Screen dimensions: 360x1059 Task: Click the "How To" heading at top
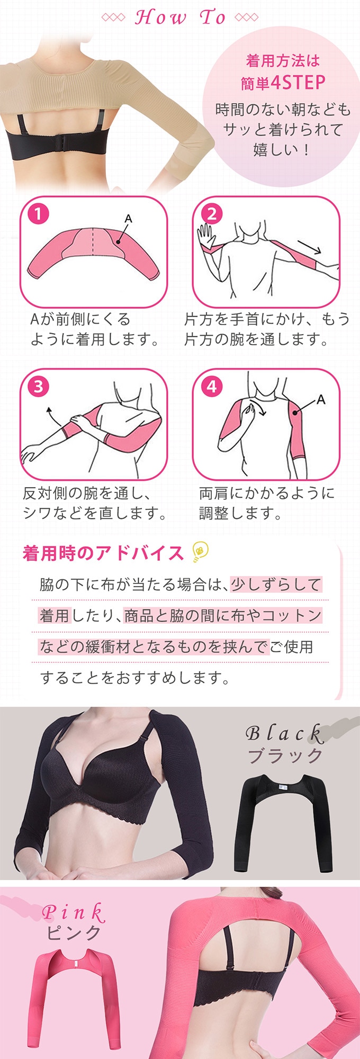pos(180,17)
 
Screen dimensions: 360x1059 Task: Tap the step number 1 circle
pos(38,214)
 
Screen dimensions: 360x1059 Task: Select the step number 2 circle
pos(212,214)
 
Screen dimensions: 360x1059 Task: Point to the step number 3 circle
pos(38,387)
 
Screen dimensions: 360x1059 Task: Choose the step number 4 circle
pos(212,387)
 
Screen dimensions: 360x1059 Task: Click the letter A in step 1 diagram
pos(128,218)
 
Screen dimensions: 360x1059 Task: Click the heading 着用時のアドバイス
pos(103,553)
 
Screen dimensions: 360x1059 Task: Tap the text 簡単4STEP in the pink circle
pos(283,83)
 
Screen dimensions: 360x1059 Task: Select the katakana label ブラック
pos(285,756)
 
